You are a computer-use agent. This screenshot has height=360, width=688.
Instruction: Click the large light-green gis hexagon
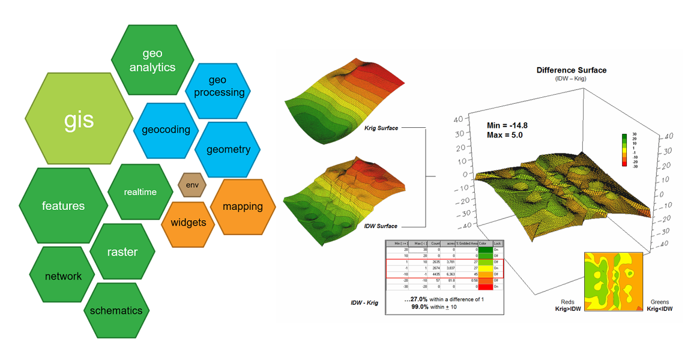coord(79,119)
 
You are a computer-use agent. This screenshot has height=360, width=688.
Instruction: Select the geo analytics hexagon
coord(152,60)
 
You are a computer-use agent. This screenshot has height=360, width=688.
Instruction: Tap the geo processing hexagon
coord(219,86)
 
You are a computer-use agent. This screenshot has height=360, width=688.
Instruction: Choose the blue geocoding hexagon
coord(166,129)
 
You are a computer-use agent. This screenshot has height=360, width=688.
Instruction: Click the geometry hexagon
coord(228,149)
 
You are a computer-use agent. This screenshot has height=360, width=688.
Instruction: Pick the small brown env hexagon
coord(192,185)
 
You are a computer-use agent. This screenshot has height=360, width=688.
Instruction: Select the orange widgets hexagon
coord(188,223)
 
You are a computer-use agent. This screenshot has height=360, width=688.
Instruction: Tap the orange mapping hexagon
coord(243,206)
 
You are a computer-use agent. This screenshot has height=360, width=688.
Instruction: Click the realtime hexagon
coord(140,192)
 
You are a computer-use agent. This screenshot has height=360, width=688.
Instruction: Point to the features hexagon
coord(63,206)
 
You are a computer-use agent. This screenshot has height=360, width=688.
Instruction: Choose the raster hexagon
coord(122,252)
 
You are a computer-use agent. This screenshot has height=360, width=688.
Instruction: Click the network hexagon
coord(63,276)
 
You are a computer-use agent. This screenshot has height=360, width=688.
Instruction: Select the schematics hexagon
coord(116,310)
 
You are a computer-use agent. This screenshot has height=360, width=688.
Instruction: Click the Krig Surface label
coord(381,128)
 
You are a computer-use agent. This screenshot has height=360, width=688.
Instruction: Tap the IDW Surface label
coord(381,226)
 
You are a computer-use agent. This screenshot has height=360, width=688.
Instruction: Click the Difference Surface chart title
coord(571,70)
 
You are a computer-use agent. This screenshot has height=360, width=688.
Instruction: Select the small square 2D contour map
coord(613,280)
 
